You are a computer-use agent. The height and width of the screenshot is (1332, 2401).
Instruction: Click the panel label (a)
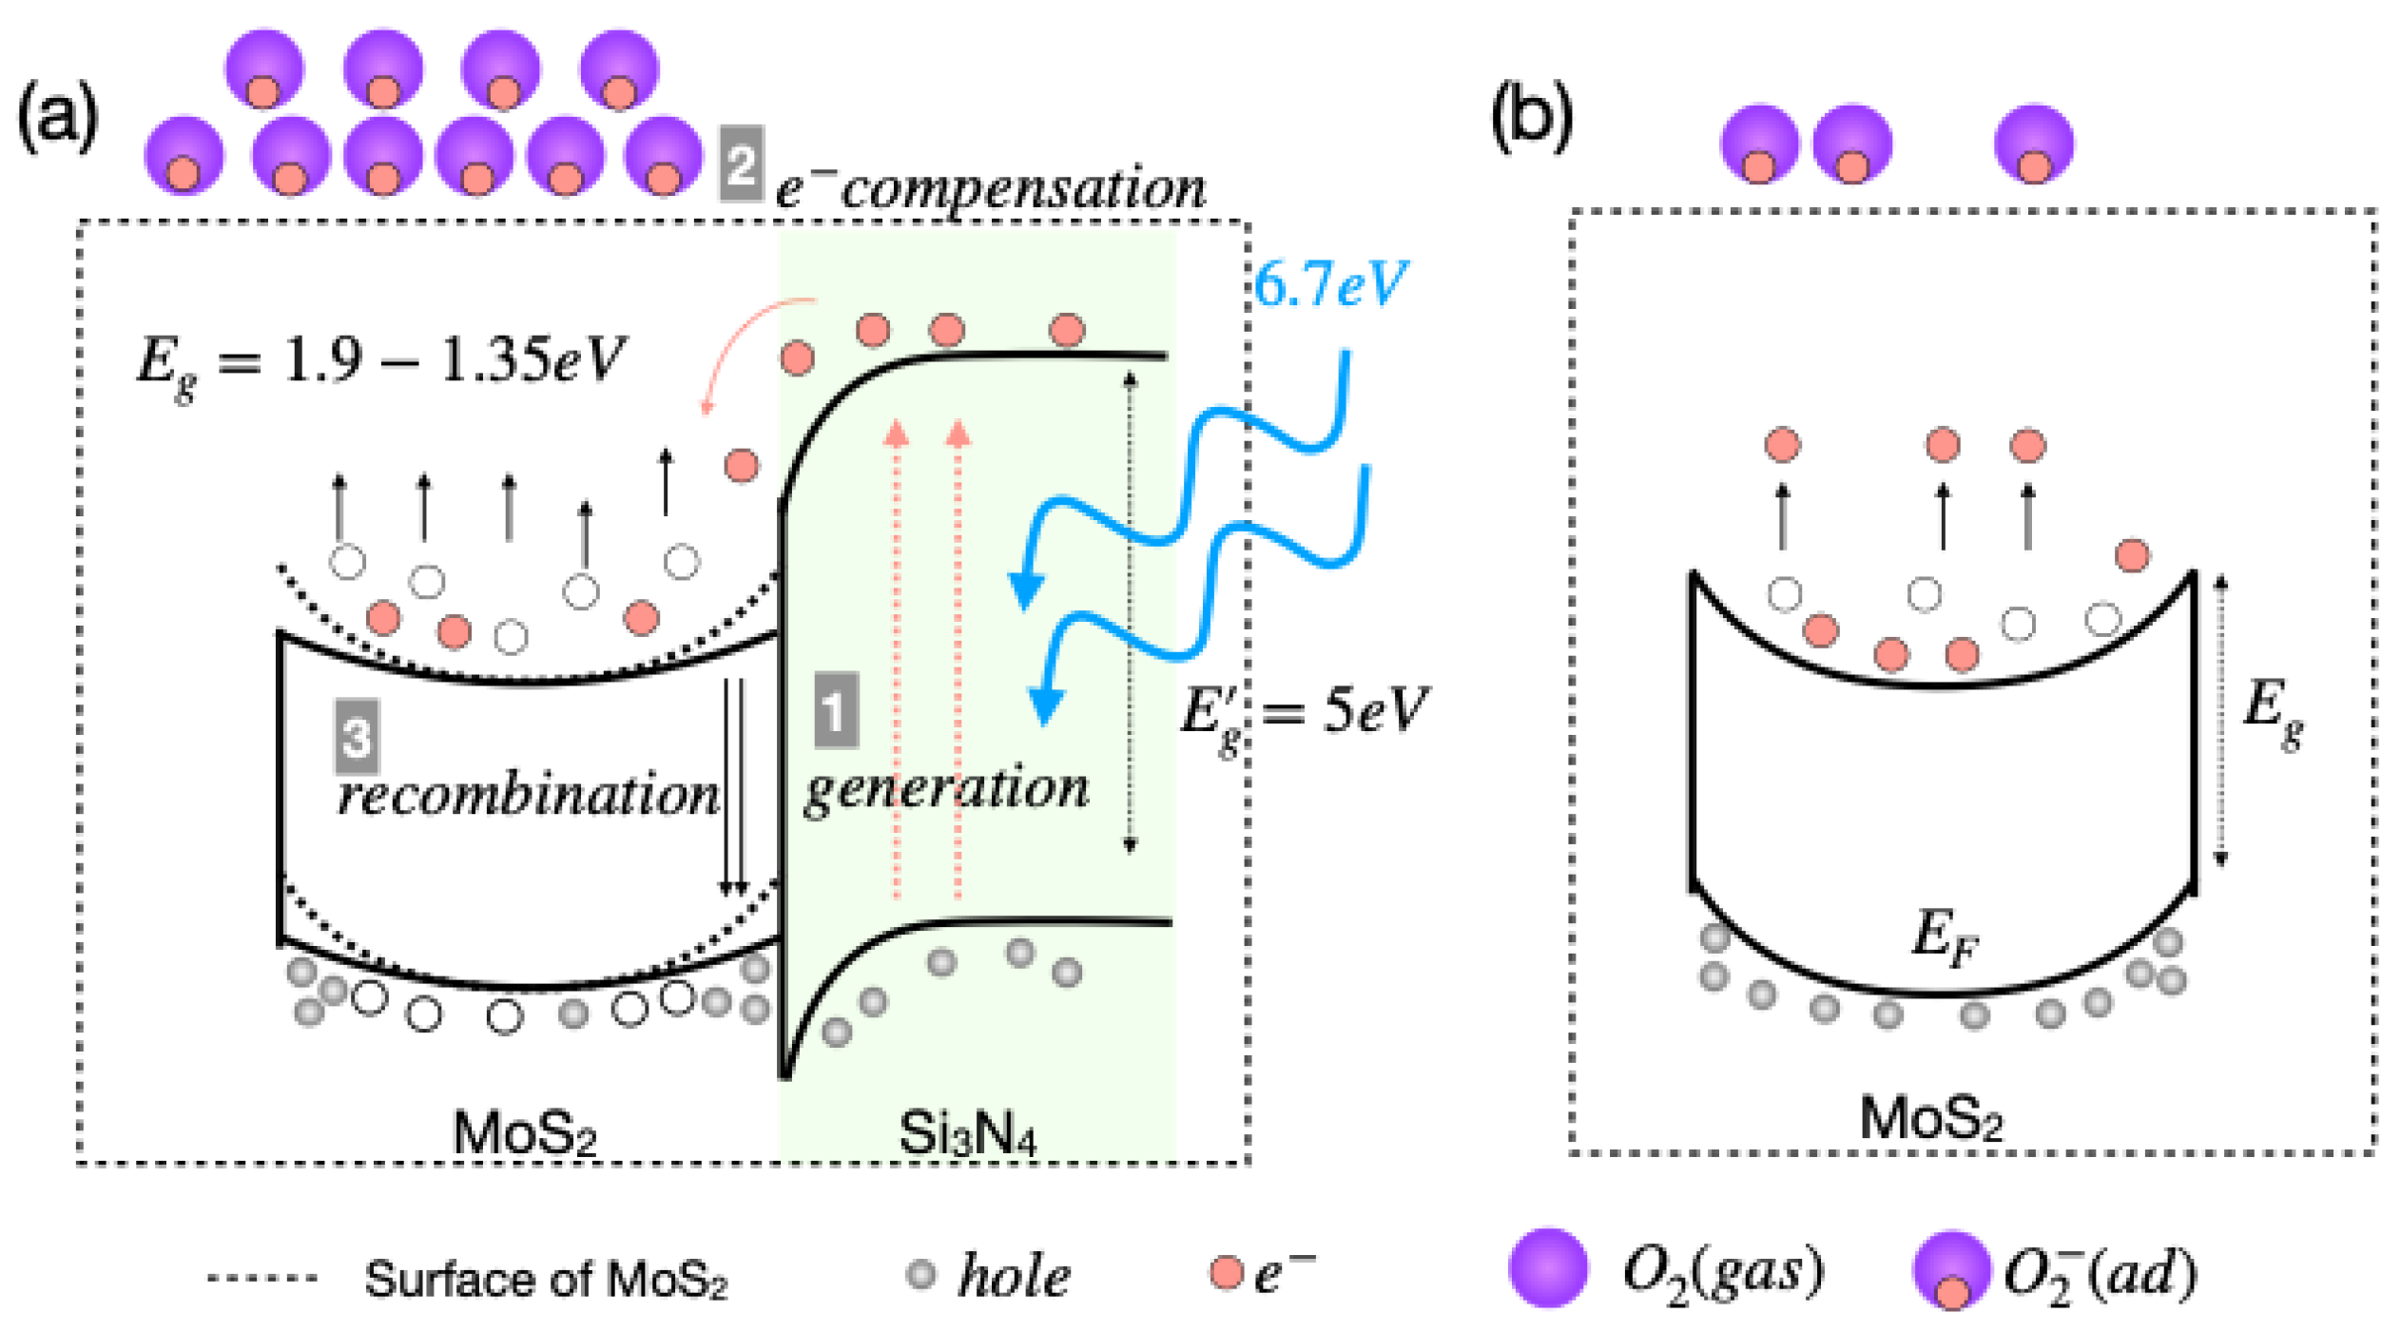57,116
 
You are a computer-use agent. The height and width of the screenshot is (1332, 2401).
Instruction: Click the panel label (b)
1530,116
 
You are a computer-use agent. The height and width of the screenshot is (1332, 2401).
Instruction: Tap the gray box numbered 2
741,164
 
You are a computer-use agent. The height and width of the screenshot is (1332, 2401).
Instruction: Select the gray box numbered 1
836,710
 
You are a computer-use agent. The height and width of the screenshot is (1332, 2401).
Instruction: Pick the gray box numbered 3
357,736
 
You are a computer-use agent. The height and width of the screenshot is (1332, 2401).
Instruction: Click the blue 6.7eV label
1328,282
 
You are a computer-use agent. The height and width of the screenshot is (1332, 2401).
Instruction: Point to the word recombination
528,795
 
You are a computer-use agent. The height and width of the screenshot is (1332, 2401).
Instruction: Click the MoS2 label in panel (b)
1929,1118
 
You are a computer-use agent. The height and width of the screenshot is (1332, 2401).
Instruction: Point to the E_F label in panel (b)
1944,936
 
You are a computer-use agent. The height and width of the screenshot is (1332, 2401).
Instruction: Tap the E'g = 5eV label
1303,710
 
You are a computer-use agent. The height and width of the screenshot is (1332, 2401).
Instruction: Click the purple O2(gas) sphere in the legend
1547,1266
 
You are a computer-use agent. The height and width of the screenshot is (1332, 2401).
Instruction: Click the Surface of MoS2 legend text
545,1279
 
